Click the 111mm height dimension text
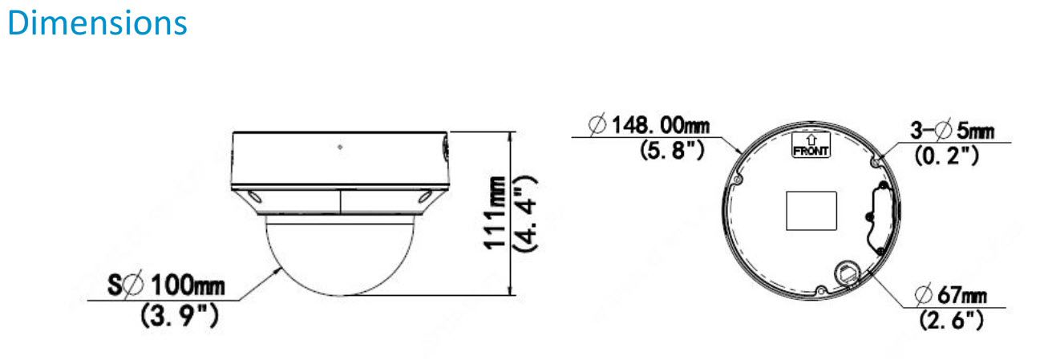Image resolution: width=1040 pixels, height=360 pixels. pos(498,212)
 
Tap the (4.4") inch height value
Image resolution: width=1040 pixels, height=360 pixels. pos(526,213)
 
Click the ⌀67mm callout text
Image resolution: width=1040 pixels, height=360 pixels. pos(950,297)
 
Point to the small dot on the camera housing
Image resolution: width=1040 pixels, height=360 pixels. pos(341,148)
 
